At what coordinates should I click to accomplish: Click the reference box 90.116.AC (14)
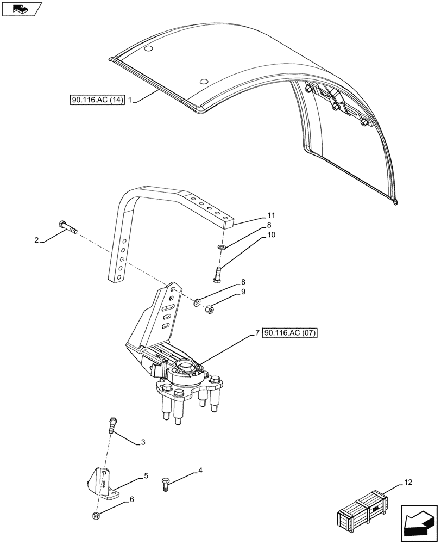98,100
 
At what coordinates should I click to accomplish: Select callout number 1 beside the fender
131,100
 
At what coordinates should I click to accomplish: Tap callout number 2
36,239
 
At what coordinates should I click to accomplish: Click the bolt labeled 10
218,272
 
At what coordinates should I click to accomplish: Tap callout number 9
244,292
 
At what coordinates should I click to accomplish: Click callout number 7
256,333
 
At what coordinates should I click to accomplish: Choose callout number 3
143,442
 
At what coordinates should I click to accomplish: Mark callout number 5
146,476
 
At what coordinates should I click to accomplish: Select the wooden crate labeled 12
362,512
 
